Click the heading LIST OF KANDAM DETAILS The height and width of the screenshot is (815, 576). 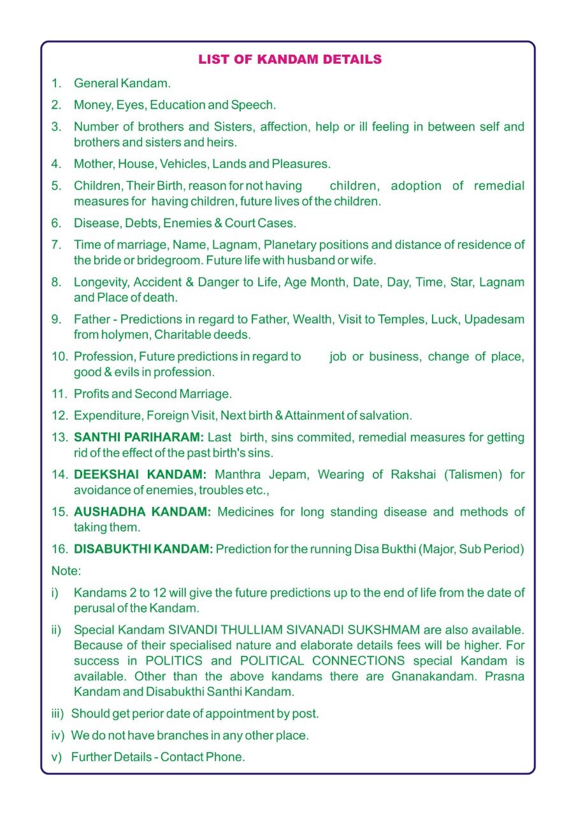pos(290,60)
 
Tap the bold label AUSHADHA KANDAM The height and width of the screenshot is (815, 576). pos(142,512)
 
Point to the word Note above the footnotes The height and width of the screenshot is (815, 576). pos(65,571)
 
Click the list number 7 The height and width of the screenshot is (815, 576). pos(56,244)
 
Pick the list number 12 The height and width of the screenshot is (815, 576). pos(59,416)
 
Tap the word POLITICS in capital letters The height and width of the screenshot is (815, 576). pos(174,661)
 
